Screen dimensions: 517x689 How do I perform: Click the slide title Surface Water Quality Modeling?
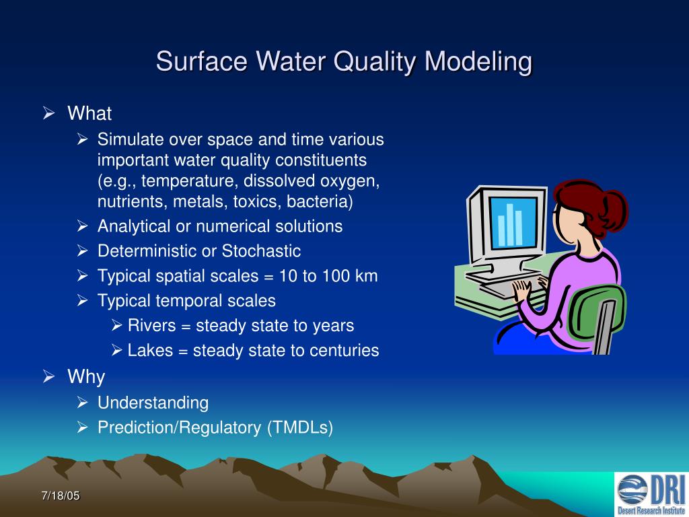pos(344,62)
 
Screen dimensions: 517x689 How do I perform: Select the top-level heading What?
pos(89,113)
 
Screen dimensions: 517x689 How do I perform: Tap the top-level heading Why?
pos(86,377)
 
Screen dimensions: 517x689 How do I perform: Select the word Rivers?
pos(150,326)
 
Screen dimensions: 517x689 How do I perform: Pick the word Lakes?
pos(149,351)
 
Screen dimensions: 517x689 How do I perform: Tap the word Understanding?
pos(153,403)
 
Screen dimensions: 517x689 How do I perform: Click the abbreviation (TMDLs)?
pos(299,428)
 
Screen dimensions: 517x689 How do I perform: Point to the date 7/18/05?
pos(60,496)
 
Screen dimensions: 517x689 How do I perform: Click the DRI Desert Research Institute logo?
pos(651,493)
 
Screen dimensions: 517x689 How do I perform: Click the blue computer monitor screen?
pos(513,221)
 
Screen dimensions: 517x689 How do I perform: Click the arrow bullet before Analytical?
pos(83,226)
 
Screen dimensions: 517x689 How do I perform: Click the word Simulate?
pos(131,139)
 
